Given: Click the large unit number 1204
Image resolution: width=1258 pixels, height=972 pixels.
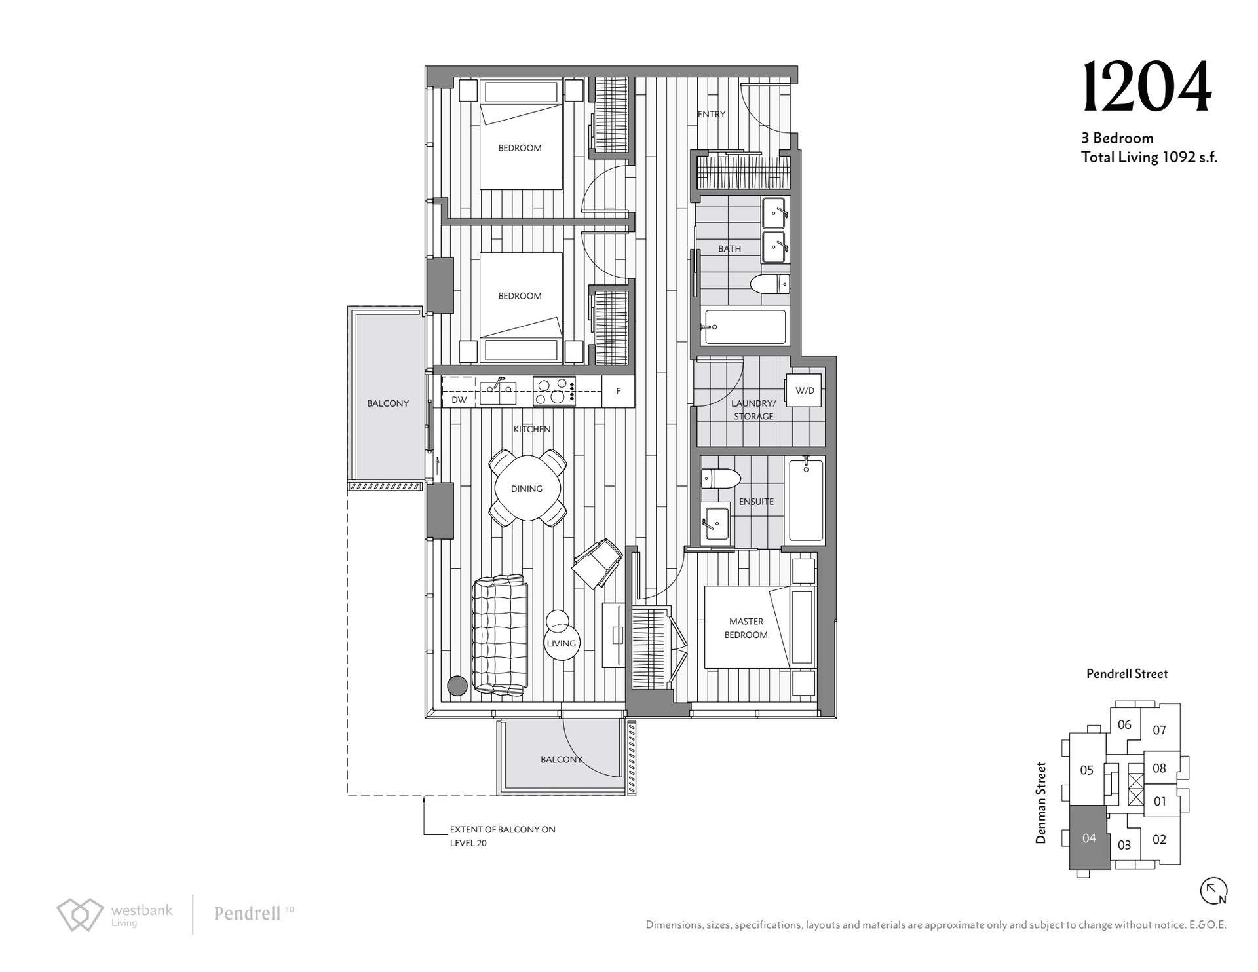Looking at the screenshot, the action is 1146,87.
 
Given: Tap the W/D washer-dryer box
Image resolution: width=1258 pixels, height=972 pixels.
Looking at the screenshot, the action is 804,390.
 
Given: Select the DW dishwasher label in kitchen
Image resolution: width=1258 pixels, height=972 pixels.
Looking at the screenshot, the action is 459,400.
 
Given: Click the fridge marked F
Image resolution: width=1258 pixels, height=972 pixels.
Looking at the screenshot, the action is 618,391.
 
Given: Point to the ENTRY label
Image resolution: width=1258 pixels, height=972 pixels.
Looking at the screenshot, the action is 712,114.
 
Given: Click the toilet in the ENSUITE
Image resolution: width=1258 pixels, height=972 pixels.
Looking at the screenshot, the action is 720,478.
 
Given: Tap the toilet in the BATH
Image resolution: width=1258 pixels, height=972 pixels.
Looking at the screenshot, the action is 770,284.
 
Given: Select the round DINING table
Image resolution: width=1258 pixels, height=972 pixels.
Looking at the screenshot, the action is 527,489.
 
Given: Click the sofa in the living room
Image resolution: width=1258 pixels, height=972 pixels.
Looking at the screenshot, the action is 499,635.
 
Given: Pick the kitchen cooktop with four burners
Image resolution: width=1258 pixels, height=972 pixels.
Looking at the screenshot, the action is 554,391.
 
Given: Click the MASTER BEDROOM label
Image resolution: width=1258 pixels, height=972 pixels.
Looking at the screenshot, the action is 746,628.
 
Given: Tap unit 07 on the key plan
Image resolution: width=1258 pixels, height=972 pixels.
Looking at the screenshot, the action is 1159,730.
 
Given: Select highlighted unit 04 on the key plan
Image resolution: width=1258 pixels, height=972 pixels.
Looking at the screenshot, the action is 1089,838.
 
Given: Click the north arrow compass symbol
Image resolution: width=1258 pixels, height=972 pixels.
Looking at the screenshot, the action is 1213,891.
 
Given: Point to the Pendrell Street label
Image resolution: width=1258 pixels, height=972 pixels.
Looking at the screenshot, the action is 1127,673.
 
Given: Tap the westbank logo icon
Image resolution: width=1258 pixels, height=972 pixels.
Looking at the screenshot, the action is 80,914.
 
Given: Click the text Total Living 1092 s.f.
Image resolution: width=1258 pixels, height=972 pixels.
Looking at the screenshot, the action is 1149,157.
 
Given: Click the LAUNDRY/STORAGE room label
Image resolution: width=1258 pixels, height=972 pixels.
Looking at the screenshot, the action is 753,409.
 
